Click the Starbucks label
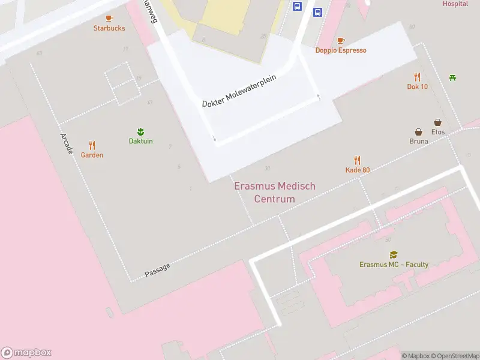109,28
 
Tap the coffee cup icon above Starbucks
109,19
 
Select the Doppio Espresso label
341,50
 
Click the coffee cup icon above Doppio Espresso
341,41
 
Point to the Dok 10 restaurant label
417,86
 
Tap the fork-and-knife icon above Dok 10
417,77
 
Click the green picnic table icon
452,77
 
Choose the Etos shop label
438,131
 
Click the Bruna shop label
418,142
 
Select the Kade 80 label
358,170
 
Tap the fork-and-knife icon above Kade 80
358,160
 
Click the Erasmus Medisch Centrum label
274,193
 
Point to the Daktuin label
141,141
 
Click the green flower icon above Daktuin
141,131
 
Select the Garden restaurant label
92,155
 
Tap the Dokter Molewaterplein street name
242,92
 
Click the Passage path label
157,270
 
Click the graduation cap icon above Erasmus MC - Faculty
394,255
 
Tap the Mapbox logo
26,353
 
